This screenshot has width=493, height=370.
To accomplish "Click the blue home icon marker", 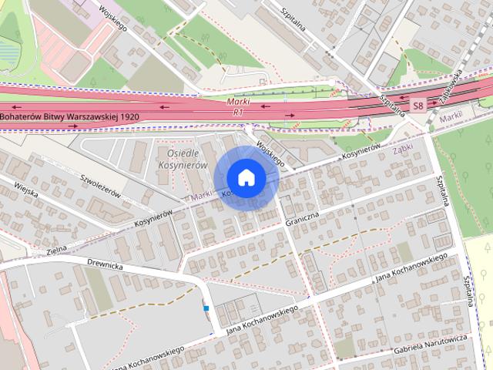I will pos(246,177).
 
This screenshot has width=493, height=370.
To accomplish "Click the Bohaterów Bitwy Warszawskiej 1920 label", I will pos(70,116).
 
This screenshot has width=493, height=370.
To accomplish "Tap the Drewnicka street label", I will pos(105,265).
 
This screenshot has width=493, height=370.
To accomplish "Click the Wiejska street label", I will pos(25,189).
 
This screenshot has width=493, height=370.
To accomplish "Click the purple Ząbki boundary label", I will pos(402,144).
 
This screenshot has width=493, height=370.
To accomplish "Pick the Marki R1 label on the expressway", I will pos(240,107).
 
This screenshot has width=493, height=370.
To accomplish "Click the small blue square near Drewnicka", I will pos(206,308).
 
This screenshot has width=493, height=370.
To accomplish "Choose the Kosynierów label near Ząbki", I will pos(361,153).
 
